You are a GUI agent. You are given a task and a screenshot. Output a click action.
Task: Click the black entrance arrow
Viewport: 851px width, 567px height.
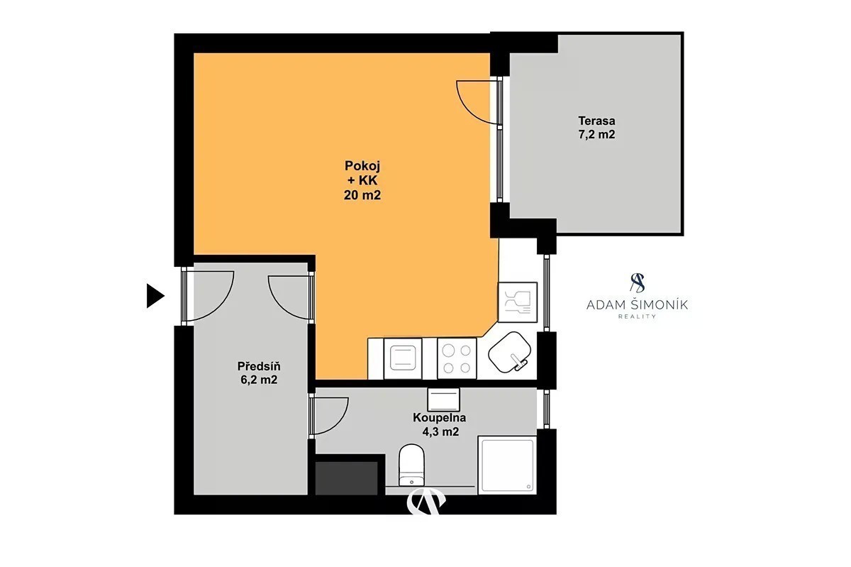pos(155,295)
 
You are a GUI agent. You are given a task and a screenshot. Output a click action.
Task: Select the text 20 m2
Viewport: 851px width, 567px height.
pos(362,195)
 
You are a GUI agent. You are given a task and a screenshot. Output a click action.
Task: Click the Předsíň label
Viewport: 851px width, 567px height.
pos(259,366)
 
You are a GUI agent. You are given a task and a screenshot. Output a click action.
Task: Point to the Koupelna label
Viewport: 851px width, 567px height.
pos(439,417)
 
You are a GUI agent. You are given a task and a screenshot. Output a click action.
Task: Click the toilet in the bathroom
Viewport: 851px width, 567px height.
pos(411,465)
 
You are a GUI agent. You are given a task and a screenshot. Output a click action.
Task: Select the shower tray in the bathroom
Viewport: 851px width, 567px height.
pos(507,465)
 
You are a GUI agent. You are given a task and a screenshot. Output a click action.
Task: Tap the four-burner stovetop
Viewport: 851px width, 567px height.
pos(457,358)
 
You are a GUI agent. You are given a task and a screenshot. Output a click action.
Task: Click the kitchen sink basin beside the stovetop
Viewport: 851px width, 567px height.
pos(403,358)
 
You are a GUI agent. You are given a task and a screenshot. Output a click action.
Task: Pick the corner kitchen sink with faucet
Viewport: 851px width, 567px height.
pos(509,352)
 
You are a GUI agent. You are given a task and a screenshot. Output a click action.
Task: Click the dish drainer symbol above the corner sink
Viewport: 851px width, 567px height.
pos(518,302)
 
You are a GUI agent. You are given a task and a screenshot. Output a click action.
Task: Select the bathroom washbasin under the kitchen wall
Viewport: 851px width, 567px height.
pos(443,400)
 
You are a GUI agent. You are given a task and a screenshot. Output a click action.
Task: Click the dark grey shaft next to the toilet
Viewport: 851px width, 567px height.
pos(347,478)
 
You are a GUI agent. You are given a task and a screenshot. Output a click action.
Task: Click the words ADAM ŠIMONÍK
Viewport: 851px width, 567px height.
pos(637,305)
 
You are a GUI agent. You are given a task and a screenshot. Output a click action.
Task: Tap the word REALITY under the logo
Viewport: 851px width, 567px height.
pos(637,316)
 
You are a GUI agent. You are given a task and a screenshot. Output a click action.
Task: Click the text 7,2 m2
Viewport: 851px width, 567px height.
pos(596,134)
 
